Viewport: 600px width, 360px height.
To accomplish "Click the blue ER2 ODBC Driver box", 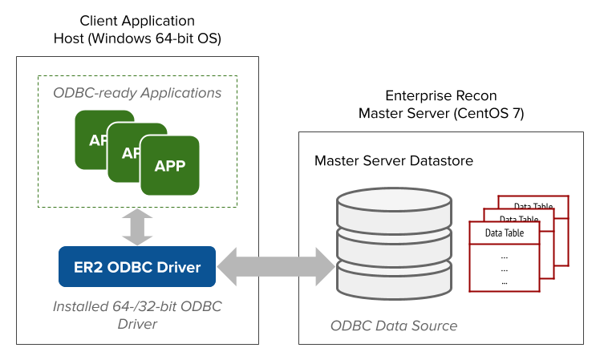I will (137, 266).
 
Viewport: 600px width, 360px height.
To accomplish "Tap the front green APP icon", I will (169, 166).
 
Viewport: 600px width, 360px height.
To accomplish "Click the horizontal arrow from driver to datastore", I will (278, 266).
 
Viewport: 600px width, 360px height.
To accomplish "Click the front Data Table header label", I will (505, 233).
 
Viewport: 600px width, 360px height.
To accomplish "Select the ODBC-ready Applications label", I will (137, 93).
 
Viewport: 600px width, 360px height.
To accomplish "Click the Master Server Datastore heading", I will (393, 161).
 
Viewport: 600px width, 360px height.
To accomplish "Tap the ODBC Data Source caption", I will (393, 326).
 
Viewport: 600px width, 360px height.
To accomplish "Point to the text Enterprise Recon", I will (441, 94).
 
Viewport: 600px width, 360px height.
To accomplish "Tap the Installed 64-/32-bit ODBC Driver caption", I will (137, 316).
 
